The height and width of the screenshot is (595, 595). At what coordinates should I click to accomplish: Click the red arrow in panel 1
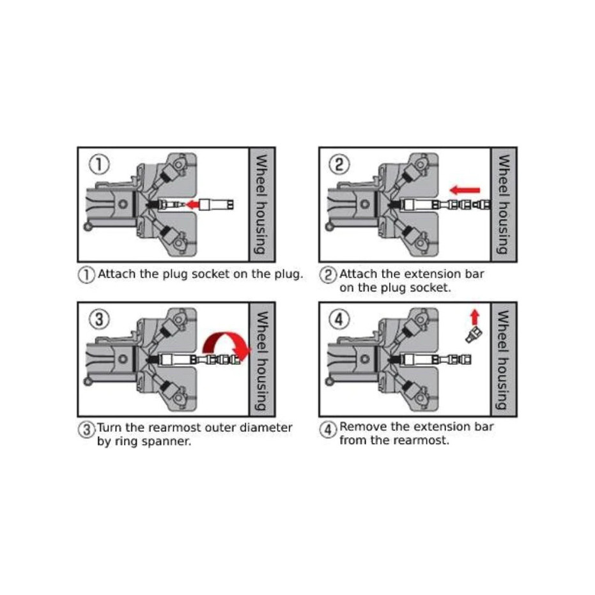pos(192,205)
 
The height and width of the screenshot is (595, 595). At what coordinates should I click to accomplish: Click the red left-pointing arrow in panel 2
pos(465,190)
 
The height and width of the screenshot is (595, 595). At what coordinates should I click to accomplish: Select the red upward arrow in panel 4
pos(475,317)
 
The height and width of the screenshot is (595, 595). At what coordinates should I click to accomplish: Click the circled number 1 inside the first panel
pos(99,165)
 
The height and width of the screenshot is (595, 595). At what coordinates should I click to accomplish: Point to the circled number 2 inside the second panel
pos(339,165)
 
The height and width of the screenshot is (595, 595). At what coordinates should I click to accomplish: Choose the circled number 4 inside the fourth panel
pos(339,320)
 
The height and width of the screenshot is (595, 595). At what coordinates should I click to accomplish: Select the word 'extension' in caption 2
pos(422,274)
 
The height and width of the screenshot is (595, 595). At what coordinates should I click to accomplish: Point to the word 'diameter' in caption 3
pos(266,428)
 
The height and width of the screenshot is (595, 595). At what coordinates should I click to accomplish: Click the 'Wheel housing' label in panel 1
pos(262,204)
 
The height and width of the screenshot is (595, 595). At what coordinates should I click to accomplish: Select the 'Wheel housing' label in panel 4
pos(504,359)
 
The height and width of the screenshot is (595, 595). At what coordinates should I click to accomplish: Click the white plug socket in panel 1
pos(216,205)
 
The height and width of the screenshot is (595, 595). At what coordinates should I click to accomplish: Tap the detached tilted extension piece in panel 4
pos(474,335)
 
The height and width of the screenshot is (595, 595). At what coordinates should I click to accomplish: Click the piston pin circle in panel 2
pos(365,204)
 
